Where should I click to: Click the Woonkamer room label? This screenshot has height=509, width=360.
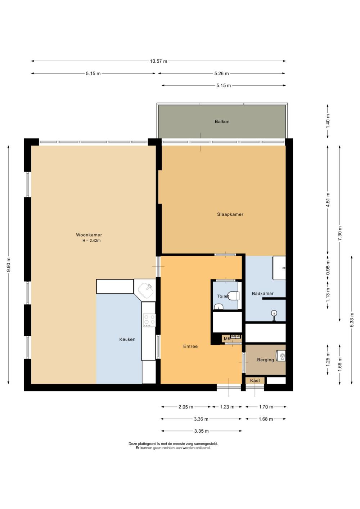click(89, 235)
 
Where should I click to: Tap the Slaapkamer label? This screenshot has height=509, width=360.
click(230, 214)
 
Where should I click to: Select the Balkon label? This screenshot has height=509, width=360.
click(222, 121)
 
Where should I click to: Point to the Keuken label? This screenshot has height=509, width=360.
click(127, 339)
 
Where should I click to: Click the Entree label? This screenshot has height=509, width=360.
click(190, 346)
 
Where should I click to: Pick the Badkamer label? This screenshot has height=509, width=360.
click(262, 293)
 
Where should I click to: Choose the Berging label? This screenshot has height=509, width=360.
click(265, 360)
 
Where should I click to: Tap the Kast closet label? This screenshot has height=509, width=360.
click(255, 380)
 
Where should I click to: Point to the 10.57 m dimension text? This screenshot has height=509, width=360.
click(158, 61)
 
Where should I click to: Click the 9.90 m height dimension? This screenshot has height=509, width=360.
click(8, 265)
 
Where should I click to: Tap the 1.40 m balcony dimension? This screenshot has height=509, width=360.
click(328, 121)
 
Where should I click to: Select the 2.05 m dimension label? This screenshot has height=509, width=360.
click(186, 407)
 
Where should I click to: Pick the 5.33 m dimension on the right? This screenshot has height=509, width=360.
click(352, 320)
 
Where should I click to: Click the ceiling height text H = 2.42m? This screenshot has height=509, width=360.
click(91, 240)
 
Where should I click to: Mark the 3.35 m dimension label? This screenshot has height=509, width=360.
click(201, 431)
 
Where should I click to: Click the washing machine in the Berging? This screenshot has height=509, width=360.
click(281, 356)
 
